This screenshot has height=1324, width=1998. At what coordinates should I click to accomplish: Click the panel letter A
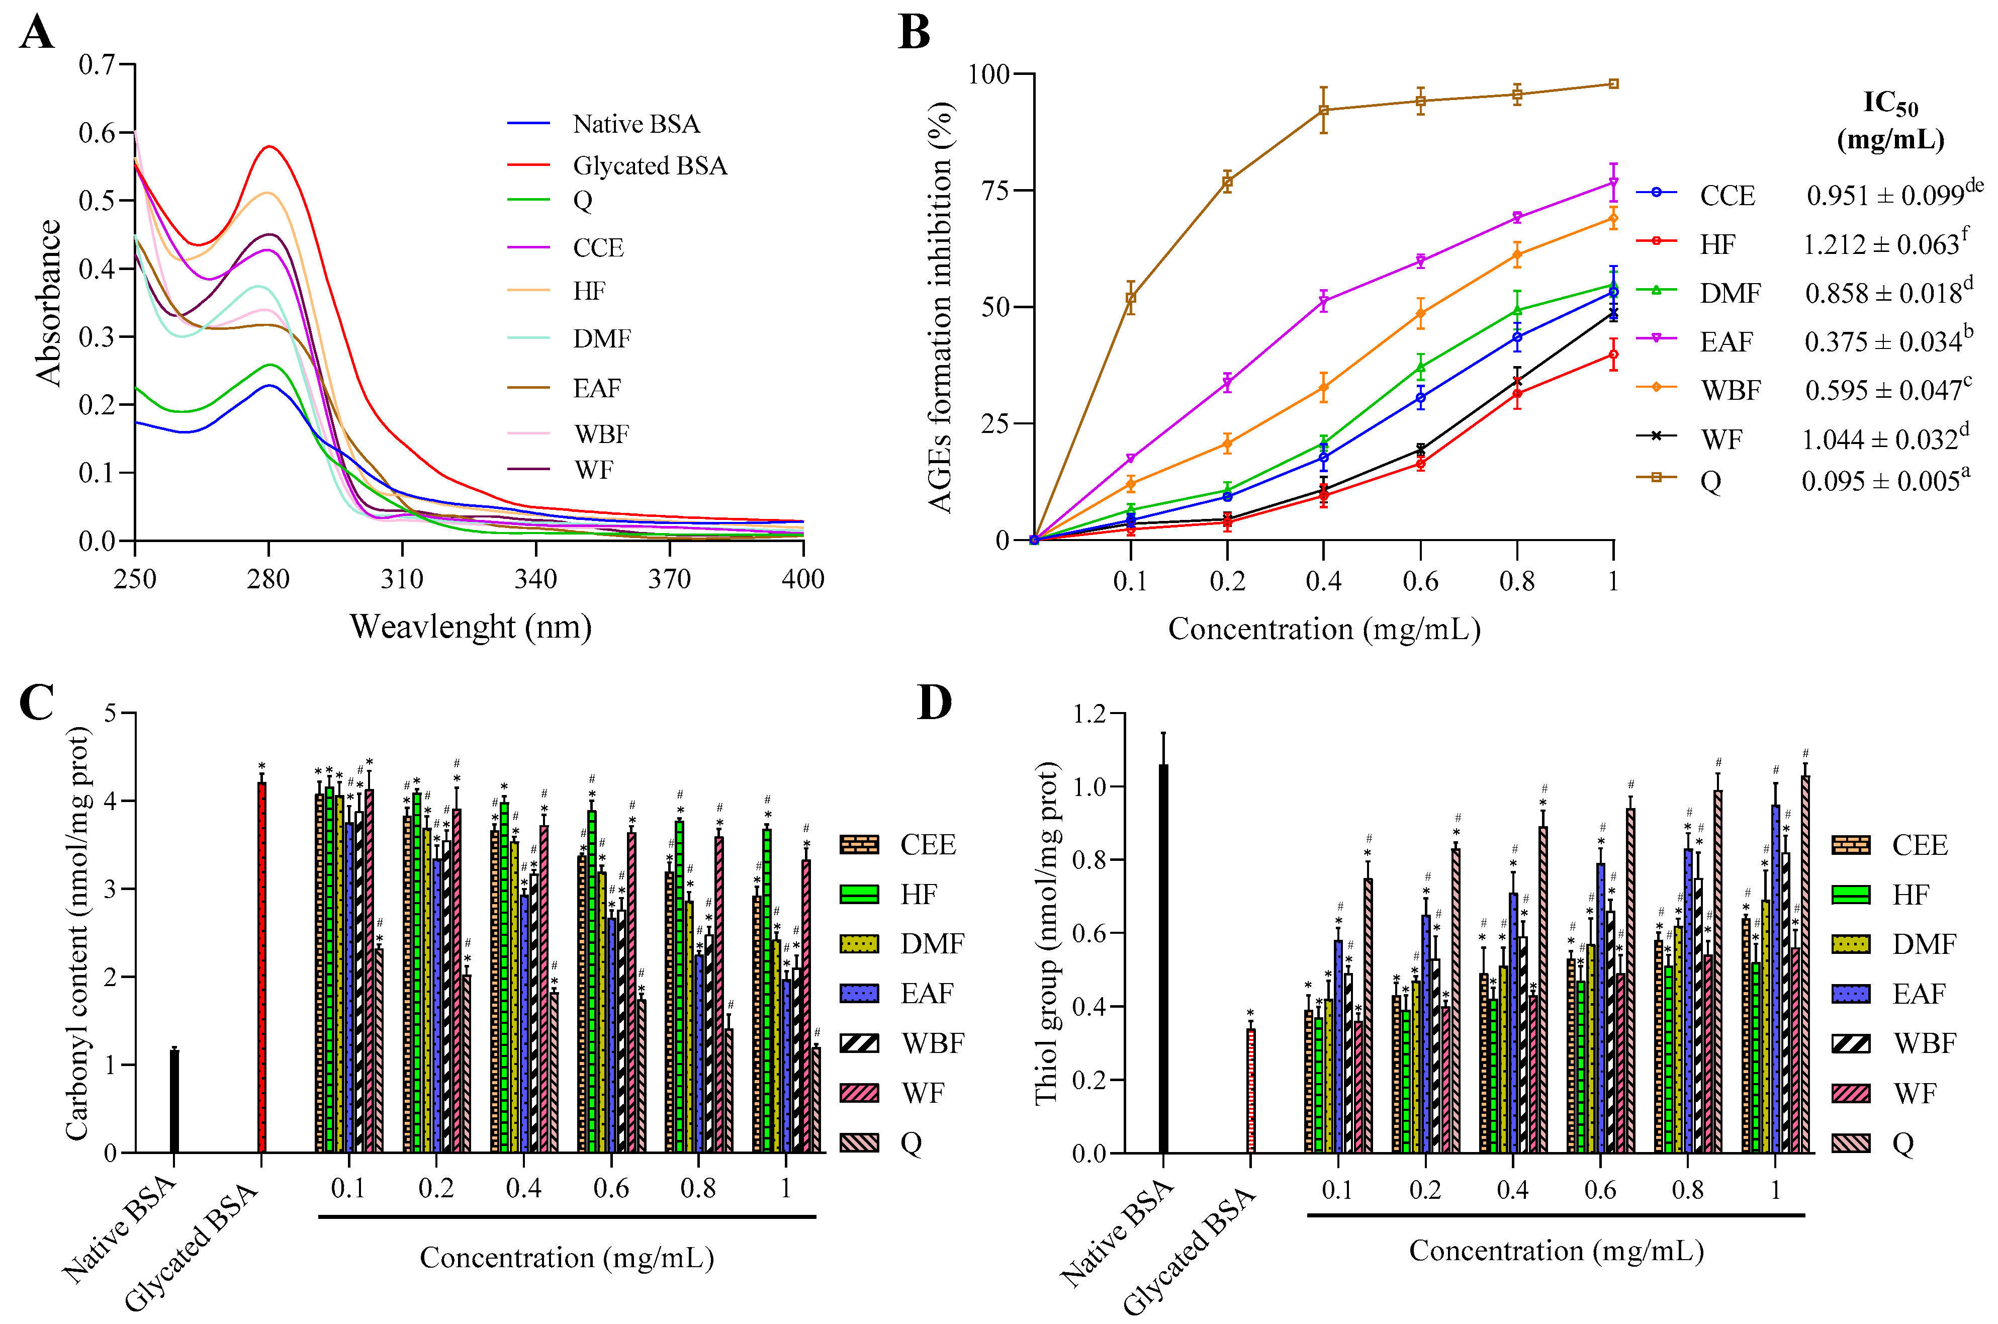[37, 34]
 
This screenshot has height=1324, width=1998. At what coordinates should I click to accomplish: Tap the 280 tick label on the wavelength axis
[268, 579]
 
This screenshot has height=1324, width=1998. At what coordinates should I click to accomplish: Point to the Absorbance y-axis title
[49, 302]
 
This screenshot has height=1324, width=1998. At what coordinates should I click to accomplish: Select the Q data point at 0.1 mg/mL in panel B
[1130, 297]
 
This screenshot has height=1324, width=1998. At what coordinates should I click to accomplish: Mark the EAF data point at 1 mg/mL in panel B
[1613, 183]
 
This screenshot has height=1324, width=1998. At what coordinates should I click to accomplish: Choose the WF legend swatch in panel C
[859, 1093]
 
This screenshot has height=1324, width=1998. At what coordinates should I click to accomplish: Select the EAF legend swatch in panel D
[1850, 994]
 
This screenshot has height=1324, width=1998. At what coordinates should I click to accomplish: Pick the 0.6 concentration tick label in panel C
[611, 1189]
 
